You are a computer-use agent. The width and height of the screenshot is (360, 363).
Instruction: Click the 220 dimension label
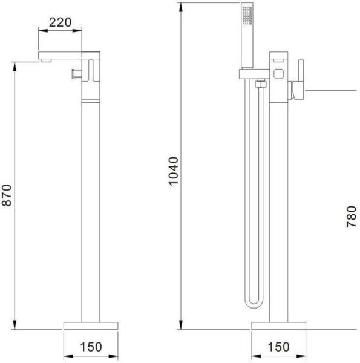(x=60, y=22)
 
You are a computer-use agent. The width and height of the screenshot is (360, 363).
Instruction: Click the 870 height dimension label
(x=7, y=195)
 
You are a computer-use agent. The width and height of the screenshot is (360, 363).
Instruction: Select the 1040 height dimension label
(x=174, y=171)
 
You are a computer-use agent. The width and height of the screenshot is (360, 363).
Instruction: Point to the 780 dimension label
(x=351, y=217)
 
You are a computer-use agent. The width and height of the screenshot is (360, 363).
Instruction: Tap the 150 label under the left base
(x=91, y=347)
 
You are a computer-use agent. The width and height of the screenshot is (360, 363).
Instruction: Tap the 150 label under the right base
(x=279, y=347)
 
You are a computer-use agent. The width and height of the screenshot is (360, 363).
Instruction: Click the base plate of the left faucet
(x=91, y=325)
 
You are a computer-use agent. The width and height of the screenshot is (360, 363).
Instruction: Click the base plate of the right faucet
(x=279, y=325)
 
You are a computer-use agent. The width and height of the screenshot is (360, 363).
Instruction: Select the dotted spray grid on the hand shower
(x=247, y=15)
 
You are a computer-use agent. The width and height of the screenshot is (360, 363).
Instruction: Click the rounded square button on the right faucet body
(x=278, y=74)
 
